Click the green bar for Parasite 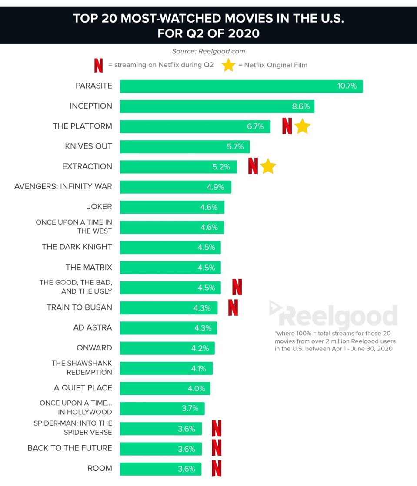[x=241, y=86]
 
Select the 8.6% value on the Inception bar [x=300, y=106]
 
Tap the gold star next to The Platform [x=302, y=127]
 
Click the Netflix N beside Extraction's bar [x=253, y=166]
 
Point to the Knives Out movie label [x=88, y=146]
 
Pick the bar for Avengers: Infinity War [x=175, y=187]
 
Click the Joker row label [x=99, y=207]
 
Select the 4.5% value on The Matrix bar [x=206, y=267]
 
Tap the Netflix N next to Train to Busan [x=233, y=307]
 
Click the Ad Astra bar [x=168, y=328]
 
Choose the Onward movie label [x=94, y=348]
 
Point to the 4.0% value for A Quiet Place [x=196, y=388]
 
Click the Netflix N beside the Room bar [x=217, y=469]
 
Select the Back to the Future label [x=70, y=448]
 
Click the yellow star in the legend [x=229, y=65]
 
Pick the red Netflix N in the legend [x=99, y=65]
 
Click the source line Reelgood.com [x=208, y=51]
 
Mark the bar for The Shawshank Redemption [x=166, y=368]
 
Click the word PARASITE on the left [x=93, y=86]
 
